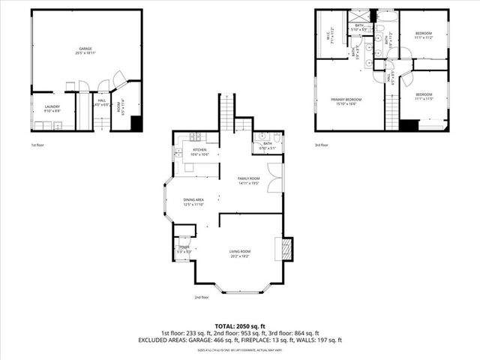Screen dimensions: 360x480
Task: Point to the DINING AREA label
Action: [193, 201]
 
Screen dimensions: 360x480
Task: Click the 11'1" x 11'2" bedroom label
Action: [424, 36]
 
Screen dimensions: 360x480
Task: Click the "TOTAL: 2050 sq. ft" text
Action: [239, 325]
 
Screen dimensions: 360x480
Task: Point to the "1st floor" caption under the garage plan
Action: [37, 144]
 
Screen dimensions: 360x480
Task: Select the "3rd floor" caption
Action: [322, 144]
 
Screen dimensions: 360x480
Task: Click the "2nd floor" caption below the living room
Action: [201, 297]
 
